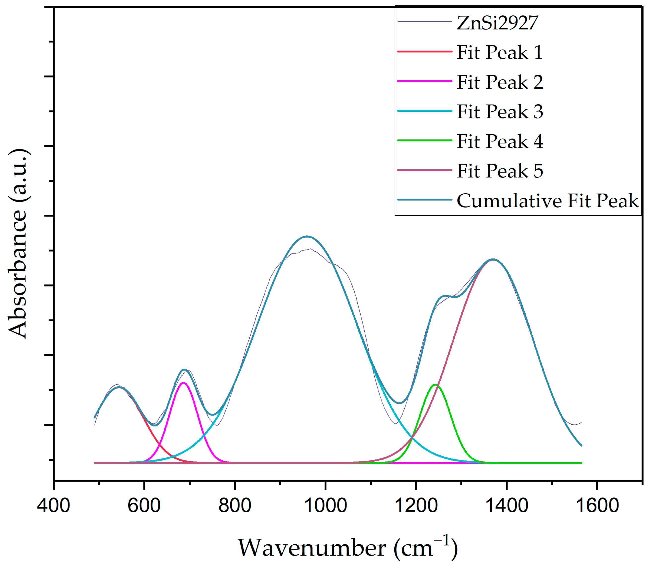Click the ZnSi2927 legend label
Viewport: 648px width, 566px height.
[497, 23]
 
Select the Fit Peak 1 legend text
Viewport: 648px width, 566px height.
[500, 52]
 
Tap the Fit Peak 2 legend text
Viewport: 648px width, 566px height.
[500, 82]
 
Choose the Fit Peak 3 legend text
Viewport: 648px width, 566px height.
[500, 111]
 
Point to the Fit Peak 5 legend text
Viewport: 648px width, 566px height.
[500, 171]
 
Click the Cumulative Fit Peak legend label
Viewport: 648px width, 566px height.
[547, 200]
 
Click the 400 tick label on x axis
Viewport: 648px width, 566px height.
[53, 505]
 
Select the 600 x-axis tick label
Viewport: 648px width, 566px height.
[144, 505]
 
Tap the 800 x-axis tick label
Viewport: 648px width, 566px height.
[235, 505]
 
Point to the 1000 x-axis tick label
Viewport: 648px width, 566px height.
[325, 505]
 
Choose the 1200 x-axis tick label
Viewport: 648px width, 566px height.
[416, 505]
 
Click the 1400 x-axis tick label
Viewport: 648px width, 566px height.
[507, 505]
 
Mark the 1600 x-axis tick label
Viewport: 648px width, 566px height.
[597, 505]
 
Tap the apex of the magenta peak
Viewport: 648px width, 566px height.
[183, 383]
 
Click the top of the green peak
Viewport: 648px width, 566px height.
[436, 385]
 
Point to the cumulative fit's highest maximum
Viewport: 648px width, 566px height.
[307, 236]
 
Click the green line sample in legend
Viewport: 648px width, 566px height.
[424, 140]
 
